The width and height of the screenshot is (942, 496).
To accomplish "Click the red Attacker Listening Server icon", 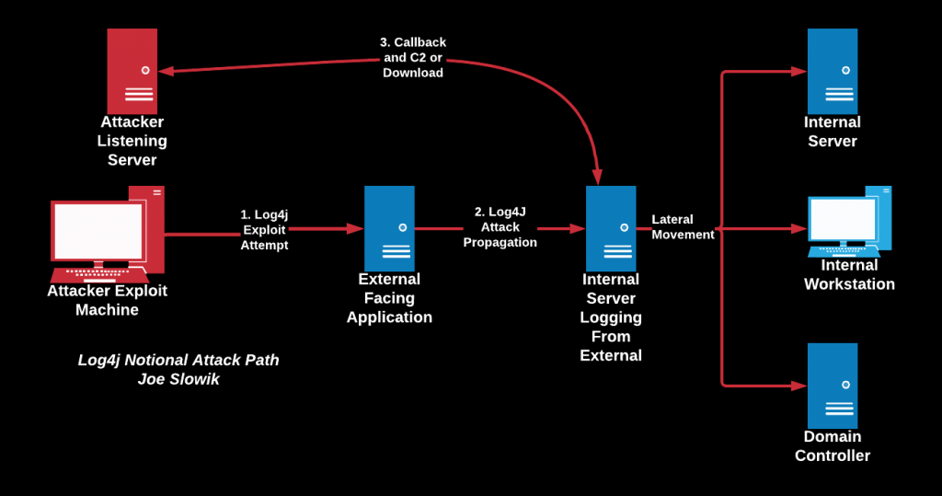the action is click(132, 71).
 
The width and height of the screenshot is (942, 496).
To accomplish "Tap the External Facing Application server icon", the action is click(389, 228).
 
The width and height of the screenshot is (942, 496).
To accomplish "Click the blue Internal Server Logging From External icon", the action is click(611, 228).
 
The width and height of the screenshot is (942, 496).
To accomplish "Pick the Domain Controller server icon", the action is click(833, 386).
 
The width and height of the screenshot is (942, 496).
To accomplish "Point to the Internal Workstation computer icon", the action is click(849, 221).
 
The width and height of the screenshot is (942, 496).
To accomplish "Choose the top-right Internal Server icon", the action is click(833, 71).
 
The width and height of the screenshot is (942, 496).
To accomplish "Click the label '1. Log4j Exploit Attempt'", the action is click(264, 230).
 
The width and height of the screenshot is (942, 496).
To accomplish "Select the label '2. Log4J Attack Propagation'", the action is click(500, 227).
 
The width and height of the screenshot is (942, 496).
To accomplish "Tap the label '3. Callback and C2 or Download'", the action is click(413, 58).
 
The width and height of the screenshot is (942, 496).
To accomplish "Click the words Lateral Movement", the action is click(684, 227).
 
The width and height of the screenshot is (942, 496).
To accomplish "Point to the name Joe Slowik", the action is click(178, 379).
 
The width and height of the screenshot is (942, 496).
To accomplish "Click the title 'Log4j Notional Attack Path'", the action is click(178, 360).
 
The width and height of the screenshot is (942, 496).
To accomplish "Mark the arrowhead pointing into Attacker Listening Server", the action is click(167, 71).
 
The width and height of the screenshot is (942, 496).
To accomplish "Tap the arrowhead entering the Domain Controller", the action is click(799, 386).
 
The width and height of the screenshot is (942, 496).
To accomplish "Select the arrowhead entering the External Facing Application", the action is click(356, 228).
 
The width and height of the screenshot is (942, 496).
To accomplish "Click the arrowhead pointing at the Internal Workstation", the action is click(799, 228).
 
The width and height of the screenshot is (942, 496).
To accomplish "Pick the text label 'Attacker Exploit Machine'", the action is click(107, 300).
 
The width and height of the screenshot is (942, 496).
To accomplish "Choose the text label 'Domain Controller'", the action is click(833, 446).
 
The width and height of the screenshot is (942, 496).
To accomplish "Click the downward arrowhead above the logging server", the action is click(597, 177).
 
